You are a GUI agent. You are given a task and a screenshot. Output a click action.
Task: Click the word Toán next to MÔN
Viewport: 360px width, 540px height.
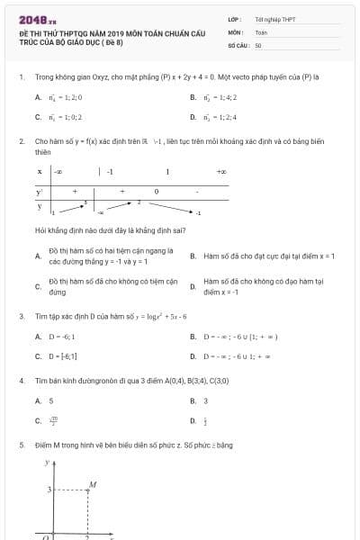pos(261,31)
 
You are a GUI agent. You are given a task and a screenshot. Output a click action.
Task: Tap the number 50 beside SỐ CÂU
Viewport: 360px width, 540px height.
pos(258,44)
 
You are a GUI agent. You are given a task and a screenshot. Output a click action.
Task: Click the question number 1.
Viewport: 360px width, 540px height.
pos(21,76)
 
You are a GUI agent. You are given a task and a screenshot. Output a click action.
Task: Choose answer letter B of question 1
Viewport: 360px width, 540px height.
pos(193,97)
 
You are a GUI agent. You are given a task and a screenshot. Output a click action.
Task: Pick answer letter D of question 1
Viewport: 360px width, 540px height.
pos(193,117)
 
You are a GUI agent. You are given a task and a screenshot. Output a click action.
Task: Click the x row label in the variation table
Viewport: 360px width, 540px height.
pos(40,171)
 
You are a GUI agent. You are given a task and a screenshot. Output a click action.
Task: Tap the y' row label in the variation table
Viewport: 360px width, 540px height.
pos(40,192)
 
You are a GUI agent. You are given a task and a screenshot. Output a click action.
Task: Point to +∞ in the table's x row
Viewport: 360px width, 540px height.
pos(221,171)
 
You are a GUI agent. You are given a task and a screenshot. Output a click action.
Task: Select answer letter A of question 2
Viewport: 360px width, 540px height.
pos(38,256)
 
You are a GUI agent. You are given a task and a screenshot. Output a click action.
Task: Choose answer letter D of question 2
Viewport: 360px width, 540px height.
pos(193,286)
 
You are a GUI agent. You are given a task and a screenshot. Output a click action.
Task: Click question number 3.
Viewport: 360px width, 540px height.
pos(21,317)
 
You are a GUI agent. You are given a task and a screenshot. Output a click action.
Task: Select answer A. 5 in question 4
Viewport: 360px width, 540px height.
pos(44,400)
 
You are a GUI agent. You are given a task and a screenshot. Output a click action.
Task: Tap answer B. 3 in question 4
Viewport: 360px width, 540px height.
pos(199,400)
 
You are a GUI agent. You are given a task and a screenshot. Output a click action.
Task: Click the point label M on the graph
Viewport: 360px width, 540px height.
pos(92,484)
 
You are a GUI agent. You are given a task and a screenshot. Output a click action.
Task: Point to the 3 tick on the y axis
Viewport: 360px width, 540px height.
pos(50,490)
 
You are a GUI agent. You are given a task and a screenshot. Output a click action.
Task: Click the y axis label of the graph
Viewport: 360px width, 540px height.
pos(49,463)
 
